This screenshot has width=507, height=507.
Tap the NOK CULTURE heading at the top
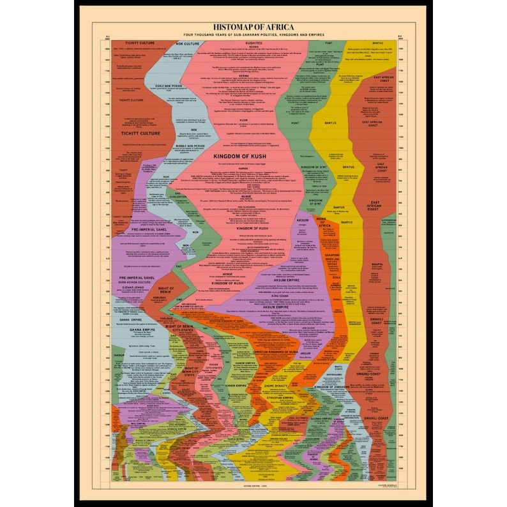(169, 43)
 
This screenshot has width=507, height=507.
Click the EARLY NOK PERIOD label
(164, 86)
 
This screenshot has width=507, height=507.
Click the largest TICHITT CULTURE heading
(137, 133)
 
